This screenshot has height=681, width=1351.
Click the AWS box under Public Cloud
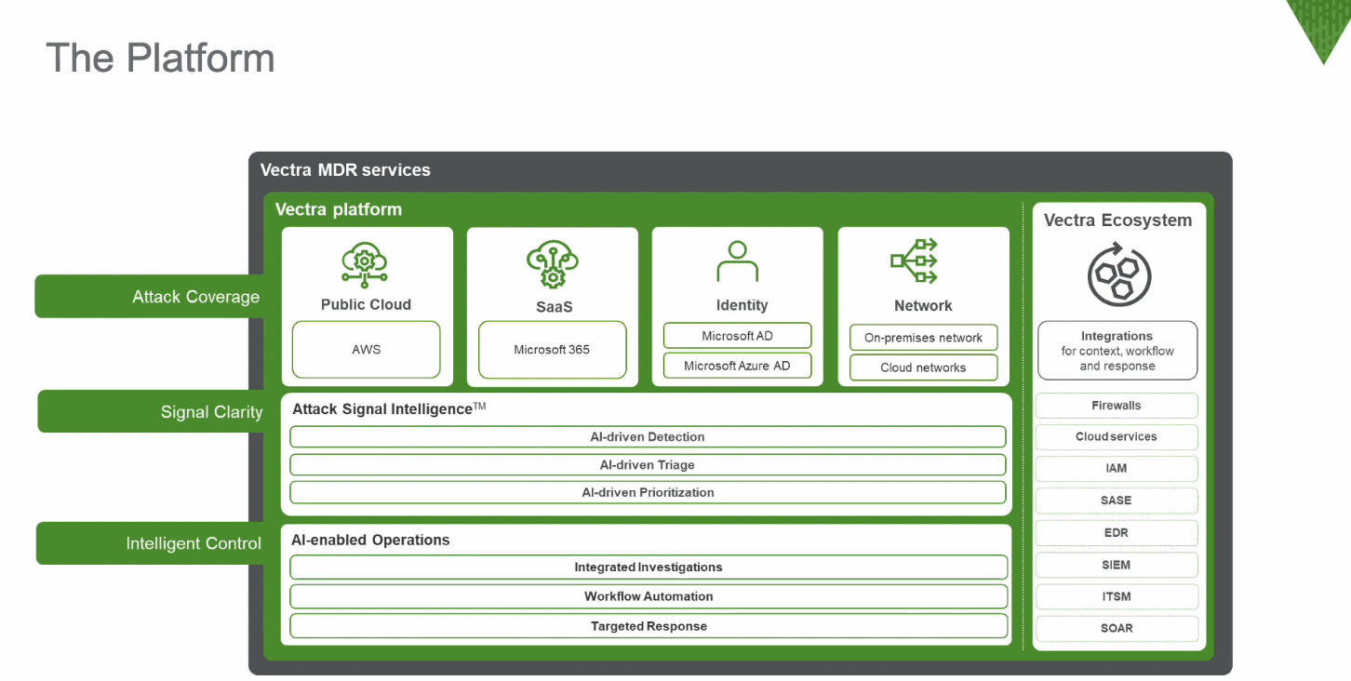tap(366, 350)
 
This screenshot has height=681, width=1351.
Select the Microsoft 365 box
tap(552, 350)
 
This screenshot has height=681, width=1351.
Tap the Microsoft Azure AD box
tap(737, 366)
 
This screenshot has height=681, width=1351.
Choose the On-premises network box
tap(923, 338)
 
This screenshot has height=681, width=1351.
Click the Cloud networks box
tap(923, 367)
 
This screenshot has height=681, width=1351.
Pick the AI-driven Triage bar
tap(648, 465)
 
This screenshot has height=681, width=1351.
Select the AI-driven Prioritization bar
tap(648, 492)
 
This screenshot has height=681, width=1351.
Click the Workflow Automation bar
tap(649, 596)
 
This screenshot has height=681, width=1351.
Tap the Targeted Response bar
tap(649, 626)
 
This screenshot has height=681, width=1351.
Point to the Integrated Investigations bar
tap(649, 567)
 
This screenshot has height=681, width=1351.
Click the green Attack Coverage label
tap(149, 297)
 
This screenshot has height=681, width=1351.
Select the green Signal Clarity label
tap(151, 412)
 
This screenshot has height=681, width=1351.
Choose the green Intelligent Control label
tap(150, 543)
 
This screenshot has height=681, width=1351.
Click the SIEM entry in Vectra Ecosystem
tap(1117, 565)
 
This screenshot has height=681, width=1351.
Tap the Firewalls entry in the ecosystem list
tap(1117, 406)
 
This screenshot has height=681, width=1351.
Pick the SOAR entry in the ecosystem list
tap(1117, 628)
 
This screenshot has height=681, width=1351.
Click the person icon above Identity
tap(737, 261)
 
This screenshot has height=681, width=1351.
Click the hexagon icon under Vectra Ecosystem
tap(1118, 275)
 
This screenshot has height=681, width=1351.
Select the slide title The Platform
tap(160, 58)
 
